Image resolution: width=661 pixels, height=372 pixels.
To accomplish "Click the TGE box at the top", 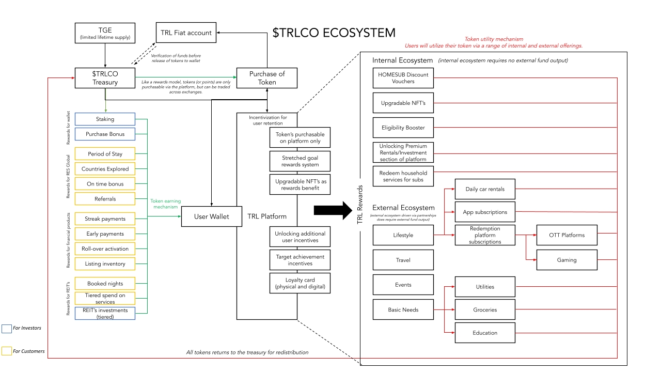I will point(105,33).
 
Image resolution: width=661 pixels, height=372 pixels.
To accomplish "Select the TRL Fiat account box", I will point(185,33).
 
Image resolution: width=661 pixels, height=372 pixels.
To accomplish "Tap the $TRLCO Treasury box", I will point(105,78).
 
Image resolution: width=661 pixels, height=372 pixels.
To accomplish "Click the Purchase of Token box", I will point(267,78).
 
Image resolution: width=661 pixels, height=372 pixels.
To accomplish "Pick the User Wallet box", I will point(211,216).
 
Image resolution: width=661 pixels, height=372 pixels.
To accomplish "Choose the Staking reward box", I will point(105,119).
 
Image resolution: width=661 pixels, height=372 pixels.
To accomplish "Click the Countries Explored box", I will point(105,169).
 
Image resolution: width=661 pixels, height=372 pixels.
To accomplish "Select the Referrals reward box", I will point(105,199).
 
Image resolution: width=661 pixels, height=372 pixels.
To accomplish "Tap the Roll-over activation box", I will point(105,249).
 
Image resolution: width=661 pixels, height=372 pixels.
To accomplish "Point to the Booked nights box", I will point(105,284).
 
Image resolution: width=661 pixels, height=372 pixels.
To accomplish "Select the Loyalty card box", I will point(300,283).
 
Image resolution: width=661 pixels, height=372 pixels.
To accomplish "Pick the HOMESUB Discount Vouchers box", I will point(403,78).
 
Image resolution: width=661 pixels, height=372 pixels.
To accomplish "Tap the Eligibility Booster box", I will point(403,128).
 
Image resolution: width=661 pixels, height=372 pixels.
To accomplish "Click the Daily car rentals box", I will point(485,189).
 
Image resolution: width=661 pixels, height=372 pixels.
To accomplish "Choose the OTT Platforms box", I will point(566,235).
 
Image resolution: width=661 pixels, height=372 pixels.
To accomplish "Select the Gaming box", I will point(566,260).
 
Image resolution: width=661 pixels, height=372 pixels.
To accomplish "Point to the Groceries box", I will point(485,309).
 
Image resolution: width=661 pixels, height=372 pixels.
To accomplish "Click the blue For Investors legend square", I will point(6,329).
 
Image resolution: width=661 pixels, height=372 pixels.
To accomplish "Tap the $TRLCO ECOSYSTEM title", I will point(334,33).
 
